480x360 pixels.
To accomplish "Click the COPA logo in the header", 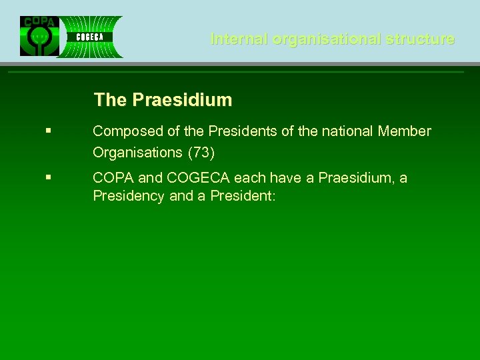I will (39, 36).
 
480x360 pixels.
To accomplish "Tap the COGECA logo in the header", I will (89, 37).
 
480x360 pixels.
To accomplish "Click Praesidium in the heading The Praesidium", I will (182, 100).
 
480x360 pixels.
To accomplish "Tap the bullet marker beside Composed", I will (49, 131).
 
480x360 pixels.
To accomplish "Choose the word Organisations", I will (137, 152).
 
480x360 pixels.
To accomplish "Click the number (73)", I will (201, 152).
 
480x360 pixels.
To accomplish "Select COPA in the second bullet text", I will (113, 178).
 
